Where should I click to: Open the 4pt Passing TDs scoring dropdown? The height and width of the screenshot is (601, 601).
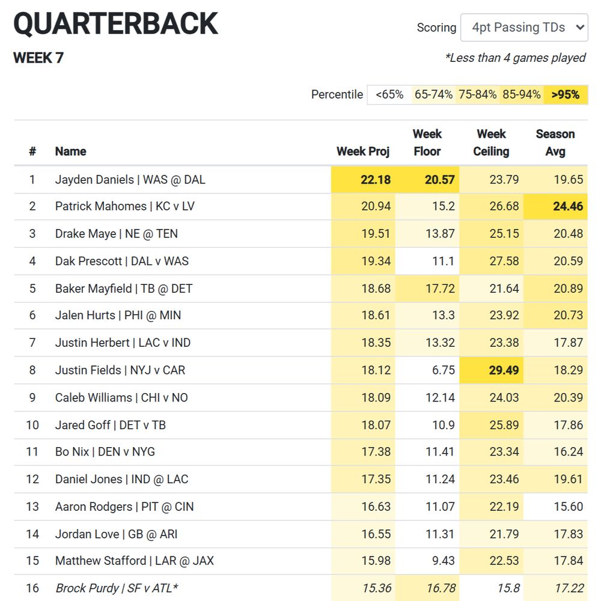[x=523, y=28]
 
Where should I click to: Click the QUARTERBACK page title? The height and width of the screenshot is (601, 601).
[x=115, y=24]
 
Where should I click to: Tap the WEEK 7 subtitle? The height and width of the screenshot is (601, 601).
[x=38, y=58]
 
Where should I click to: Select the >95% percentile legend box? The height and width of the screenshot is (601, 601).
[x=565, y=94]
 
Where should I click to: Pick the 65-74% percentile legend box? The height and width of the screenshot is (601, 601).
[x=433, y=94]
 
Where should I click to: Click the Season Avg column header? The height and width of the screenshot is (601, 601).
[x=555, y=142]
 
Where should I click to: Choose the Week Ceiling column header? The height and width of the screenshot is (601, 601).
[x=491, y=142]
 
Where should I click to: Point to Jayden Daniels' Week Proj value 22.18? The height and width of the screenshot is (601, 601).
[x=376, y=180]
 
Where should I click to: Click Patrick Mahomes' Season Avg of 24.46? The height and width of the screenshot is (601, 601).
[x=567, y=207]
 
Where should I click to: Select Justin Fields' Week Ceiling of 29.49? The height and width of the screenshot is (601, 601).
[x=504, y=370]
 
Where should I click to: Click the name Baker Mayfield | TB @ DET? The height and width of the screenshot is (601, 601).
[x=124, y=288]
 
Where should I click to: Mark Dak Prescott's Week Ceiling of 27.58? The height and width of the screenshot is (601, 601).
[x=504, y=261]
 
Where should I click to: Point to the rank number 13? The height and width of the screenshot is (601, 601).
[x=32, y=507]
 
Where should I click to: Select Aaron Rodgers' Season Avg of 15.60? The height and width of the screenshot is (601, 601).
[x=568, y=507]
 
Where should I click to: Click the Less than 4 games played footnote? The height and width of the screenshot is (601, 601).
[x=515, y=58]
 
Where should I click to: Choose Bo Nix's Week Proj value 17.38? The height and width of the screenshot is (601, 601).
[x=376, y=452]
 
